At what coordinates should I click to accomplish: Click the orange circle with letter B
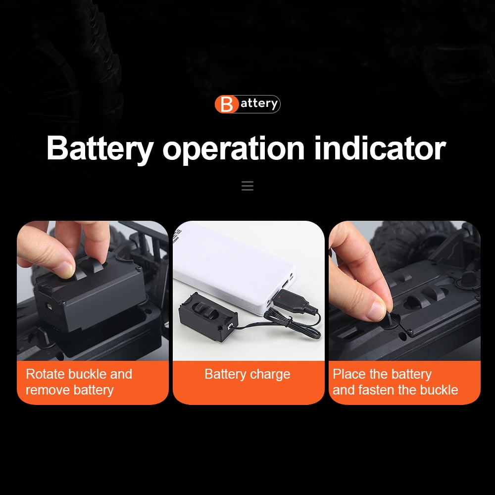[226, 104]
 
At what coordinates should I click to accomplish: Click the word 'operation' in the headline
[233, 149]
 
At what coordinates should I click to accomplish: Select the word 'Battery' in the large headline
[100, 149]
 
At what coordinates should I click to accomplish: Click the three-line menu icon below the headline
[247, 186]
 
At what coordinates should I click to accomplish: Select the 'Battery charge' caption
[247, 374]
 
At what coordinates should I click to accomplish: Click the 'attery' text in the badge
[259, 103]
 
